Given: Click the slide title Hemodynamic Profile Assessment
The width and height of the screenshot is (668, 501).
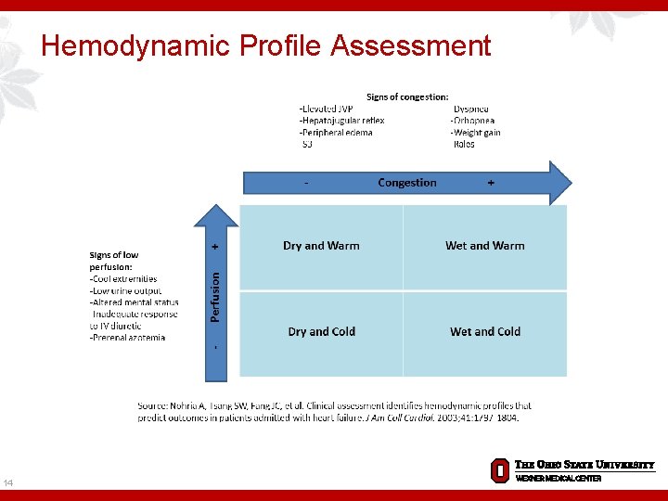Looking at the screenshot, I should [266, 45].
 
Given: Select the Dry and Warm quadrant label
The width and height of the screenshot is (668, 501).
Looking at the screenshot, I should [321, 246].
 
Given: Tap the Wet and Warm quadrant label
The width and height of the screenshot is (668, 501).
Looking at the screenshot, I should [484, 246].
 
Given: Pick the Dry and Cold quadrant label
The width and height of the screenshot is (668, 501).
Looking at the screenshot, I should [321, 331].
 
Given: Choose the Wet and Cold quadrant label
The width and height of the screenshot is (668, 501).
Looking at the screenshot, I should [484, 331].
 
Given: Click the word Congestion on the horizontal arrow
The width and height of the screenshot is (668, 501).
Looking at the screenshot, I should [407, 183].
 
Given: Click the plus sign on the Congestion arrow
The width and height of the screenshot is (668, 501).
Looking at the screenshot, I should [491, 183].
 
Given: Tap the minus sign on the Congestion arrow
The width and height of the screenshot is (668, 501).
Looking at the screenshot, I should [307, 183].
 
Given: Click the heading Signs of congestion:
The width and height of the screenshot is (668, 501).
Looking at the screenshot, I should [407, 96].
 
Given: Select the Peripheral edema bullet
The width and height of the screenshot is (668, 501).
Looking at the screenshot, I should [336, 133].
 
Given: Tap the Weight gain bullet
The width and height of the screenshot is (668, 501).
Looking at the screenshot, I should [475, 133].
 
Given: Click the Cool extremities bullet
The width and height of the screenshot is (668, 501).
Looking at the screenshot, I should [123, 278].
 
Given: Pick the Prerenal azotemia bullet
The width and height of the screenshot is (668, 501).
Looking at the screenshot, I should [128, 338].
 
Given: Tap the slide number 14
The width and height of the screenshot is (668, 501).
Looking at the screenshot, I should [8, 482].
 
